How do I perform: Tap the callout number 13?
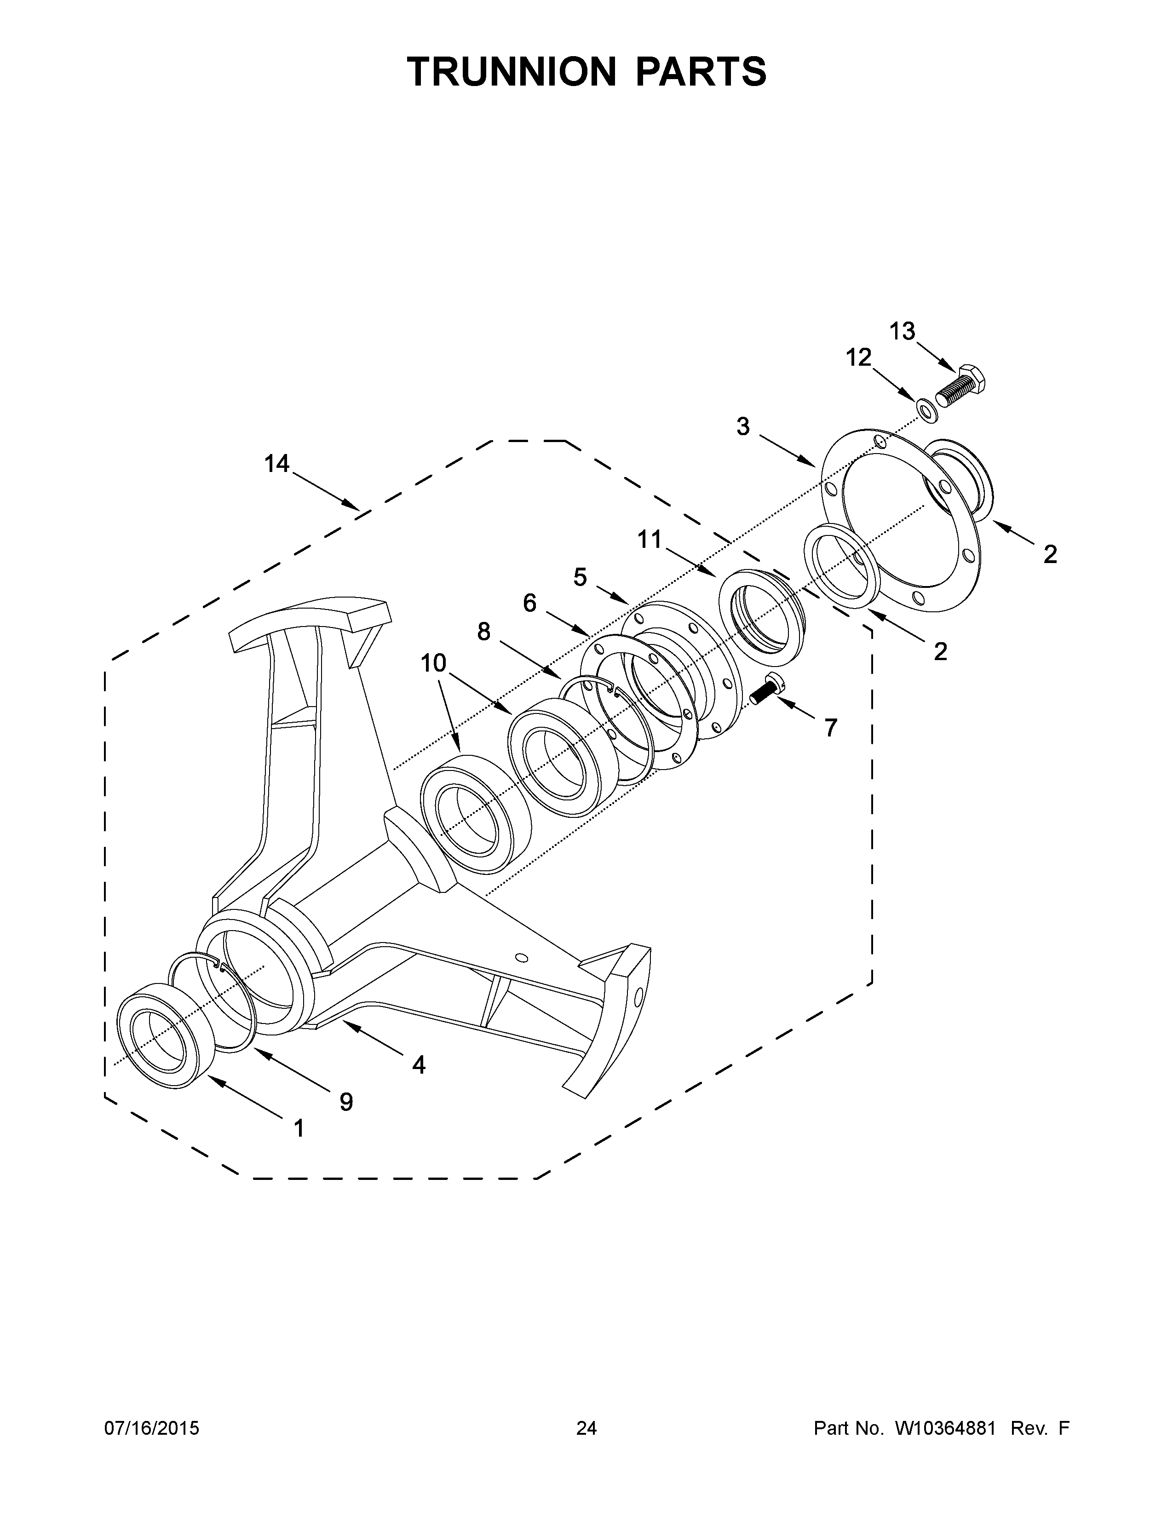[x=902, y=332]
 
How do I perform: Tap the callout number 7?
[x=830, y=728]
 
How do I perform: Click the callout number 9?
[x=346, y=1102]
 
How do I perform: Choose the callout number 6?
[x=529, y=604]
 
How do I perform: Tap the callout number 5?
[x=580, y=576]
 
